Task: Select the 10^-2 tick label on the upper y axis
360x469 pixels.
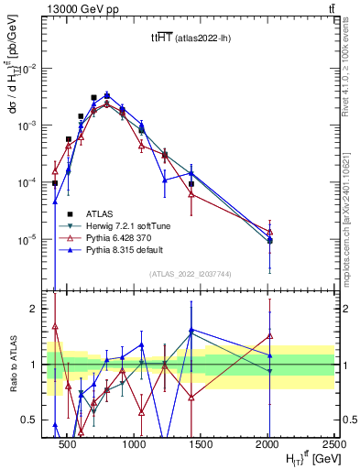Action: tap(27, 69)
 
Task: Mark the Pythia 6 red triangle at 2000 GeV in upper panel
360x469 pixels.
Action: tap(269, 231)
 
